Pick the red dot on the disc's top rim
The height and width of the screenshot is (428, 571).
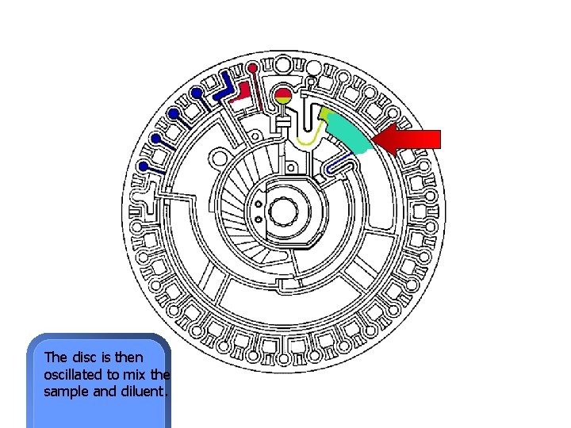pos(251,67)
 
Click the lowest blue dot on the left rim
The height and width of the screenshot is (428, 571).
pos(144,166)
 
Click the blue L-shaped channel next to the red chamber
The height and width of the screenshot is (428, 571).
pos(225,90)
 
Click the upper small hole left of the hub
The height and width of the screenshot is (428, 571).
pos(259,203)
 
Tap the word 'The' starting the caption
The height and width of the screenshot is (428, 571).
pos(56,357)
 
